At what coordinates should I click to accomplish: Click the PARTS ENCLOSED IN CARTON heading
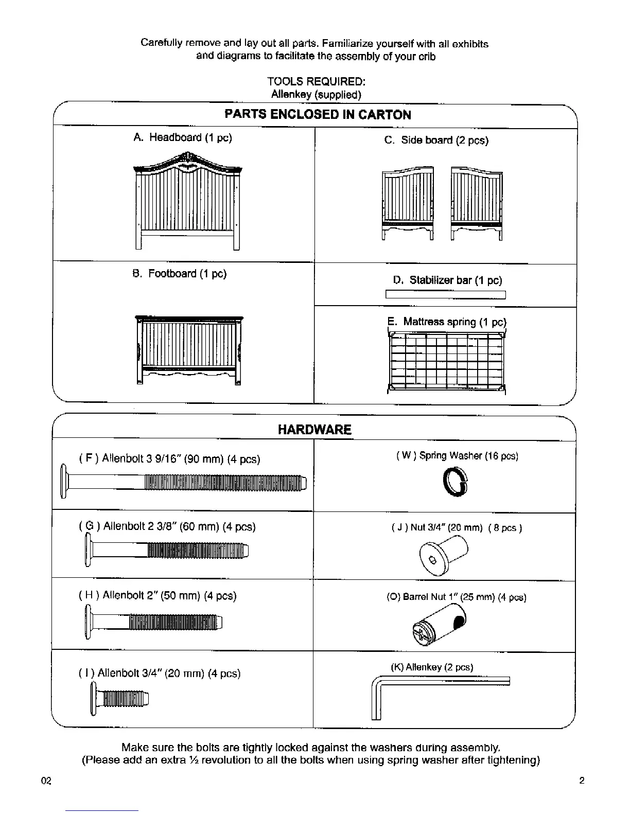318,115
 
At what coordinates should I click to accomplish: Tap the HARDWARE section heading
314,430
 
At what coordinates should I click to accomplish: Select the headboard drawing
188,201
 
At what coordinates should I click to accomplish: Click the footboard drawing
188,350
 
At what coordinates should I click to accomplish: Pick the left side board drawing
408,203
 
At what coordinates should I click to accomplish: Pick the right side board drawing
477,203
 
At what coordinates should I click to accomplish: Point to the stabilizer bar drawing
446,295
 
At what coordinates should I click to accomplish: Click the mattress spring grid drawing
446,362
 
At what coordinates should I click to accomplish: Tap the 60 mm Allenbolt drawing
167,550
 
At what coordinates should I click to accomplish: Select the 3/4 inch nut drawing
444,553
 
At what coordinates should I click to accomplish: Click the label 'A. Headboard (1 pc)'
182,138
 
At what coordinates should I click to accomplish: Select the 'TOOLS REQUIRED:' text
316,82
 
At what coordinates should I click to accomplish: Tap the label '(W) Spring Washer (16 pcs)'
457,456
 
